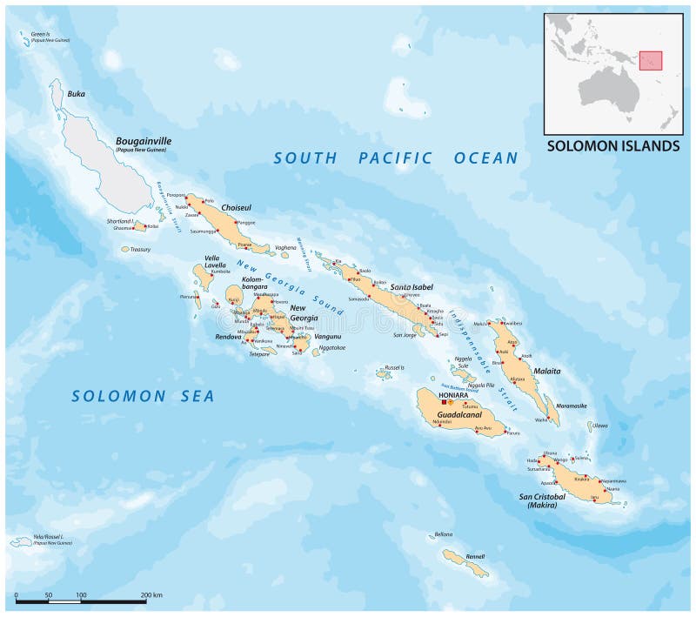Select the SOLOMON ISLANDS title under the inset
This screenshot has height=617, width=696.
(612, 146)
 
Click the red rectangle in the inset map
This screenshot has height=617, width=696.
(651, 60)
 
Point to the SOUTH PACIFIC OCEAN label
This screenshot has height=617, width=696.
(396, 158)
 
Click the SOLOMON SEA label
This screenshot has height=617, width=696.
(143, 396)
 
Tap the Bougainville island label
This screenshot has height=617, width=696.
(144, 140)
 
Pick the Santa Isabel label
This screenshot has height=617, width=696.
(412, 286)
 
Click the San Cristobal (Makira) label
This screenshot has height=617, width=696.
(543, 501)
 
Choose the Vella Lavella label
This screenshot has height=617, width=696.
(214, 261)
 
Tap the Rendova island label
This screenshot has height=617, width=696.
(231, 336)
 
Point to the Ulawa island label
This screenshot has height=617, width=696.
(600, 426)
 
